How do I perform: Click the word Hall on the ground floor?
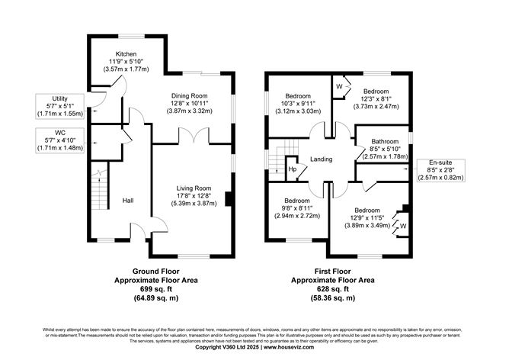coord(129,201)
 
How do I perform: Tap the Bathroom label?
coord(385,142)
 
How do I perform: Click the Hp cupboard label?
coord(292,169)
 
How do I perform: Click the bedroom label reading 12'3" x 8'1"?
coord(376,99)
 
